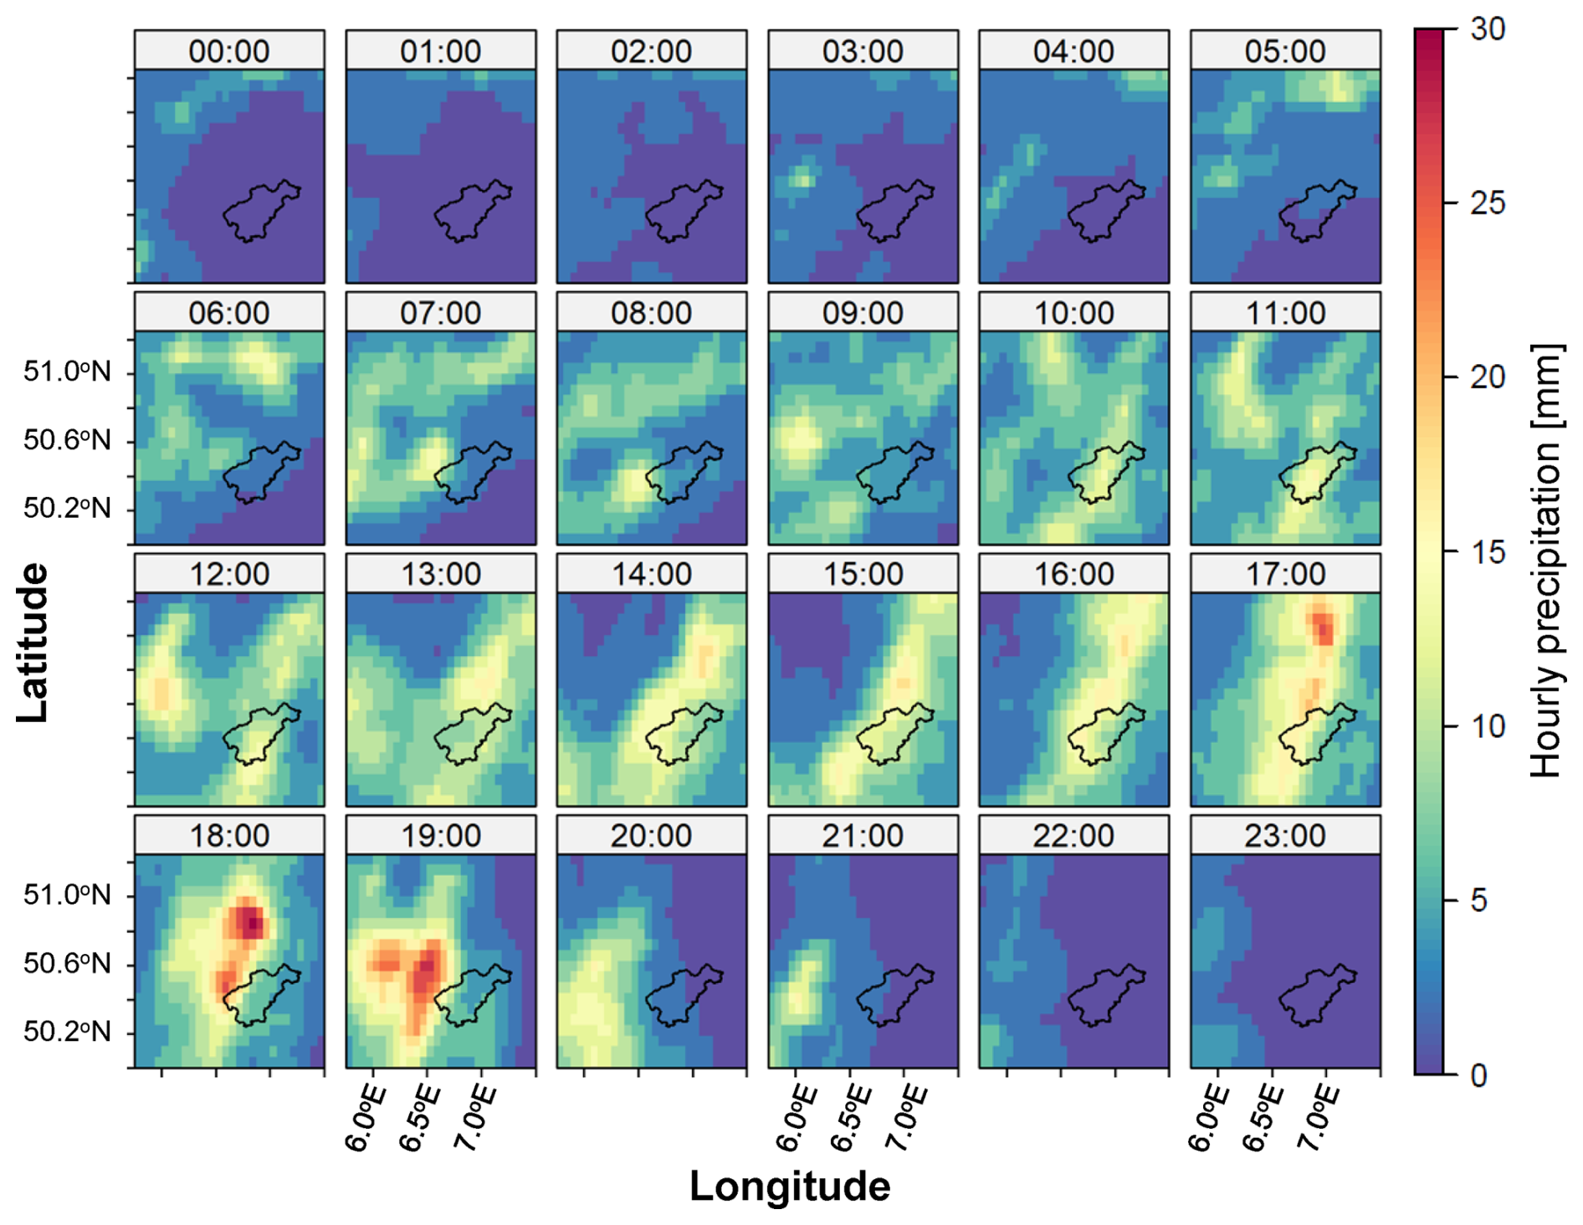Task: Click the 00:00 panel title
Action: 229,51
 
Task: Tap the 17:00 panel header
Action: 1285,574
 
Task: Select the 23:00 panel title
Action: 1285,835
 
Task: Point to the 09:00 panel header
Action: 863,313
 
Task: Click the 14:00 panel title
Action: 652,574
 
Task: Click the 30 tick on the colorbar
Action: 1488,29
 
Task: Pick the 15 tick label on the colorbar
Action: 1488,552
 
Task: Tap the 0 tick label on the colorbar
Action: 1478,1075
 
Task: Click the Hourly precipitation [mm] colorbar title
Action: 1546,561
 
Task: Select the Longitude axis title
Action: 790,1187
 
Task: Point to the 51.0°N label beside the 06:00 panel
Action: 67,371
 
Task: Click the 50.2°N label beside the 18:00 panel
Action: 67,1032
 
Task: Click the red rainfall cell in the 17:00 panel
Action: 1323,627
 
